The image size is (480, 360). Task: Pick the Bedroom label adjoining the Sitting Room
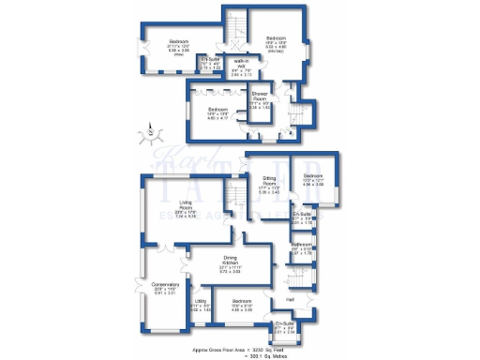[x=312, y=176]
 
